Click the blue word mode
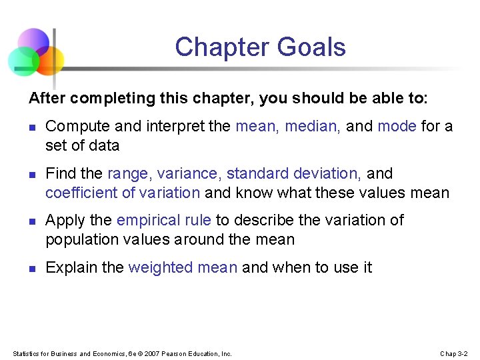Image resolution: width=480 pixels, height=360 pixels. point(397,126)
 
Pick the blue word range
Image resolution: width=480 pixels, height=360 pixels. point(131,173)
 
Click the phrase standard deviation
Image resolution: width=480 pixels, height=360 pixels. point(294,173)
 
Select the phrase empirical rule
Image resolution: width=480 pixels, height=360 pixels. point(163,220)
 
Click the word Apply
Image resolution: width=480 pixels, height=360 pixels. point(63,220)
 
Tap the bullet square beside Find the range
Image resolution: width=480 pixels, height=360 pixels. point(31,175)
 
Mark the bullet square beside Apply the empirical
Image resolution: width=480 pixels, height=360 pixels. point(31,221)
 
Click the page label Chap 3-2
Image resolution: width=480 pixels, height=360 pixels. point(454,353)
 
